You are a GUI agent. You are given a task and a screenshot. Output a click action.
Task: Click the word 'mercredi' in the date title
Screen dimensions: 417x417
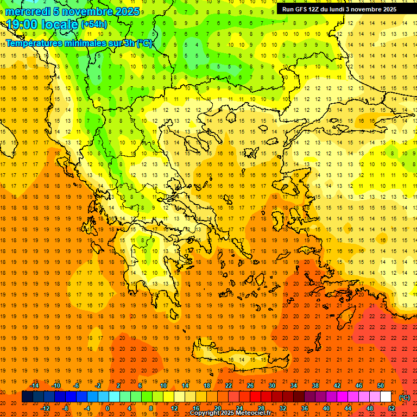tap(28, 11)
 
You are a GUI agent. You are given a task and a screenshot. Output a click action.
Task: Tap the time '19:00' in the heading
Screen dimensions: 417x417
tap(22, 24)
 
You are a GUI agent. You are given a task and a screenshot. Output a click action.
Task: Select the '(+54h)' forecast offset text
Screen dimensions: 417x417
tap(93, 24)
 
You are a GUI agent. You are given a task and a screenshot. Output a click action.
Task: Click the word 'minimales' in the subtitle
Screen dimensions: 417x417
tap(84, 43)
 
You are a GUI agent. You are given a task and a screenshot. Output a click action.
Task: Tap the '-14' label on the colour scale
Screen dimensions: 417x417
tap(34, 386)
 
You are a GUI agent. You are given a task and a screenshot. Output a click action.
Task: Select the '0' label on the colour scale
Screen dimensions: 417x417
tap(108, 408)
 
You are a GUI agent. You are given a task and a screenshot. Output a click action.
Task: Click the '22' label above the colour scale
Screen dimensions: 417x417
tap(229, 386)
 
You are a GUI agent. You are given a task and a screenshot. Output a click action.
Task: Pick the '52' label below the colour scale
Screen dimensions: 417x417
tap(392, 408)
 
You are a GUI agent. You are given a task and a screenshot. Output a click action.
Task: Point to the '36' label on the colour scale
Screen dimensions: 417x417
tap(305, 408)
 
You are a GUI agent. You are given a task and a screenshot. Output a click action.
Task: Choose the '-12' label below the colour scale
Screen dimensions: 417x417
tap(45, 408)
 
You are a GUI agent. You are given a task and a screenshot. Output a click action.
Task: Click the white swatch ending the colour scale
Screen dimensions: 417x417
tap(386, 397)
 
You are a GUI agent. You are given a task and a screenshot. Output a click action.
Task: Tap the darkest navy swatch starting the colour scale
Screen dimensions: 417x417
tap(27, 397)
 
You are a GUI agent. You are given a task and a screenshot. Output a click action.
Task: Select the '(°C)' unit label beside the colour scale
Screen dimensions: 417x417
tap(404, 397)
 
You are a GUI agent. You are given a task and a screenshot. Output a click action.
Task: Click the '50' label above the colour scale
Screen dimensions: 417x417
tap(381, 386)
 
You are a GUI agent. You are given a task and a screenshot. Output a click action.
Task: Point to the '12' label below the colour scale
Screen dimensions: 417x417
tap(174, 408)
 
